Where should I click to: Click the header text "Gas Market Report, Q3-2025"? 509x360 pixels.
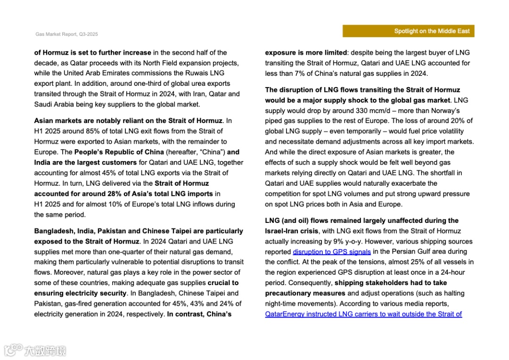[66, 34]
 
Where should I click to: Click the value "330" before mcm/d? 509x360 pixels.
[359, 111]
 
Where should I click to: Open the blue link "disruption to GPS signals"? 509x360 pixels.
[332, 252]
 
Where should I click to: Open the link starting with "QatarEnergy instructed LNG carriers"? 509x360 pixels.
[363, 314]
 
